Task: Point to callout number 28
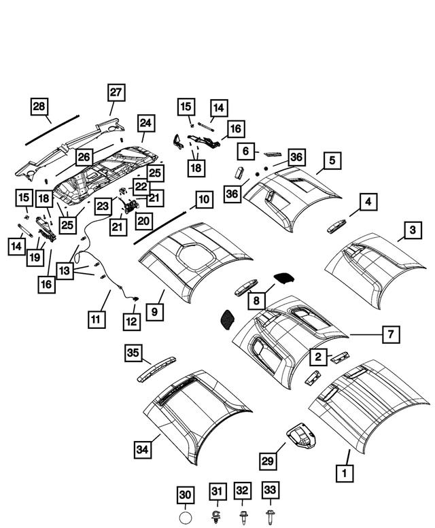point(39,107)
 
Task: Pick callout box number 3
point(412,231)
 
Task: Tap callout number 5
point(332,160)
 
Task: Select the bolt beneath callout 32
point(243,517)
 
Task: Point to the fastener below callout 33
point(270,517)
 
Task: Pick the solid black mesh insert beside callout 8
point(282,277)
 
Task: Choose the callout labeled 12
point(131,319)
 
